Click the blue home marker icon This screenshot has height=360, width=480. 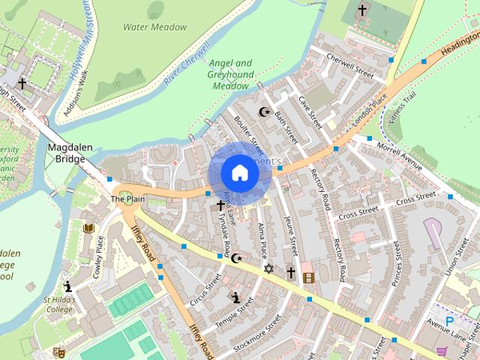(x=239, y=173)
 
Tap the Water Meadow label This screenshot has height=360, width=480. (x=154, y=27)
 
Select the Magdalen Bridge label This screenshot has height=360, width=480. (x=69, y=154)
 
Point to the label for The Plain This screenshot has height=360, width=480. (x=127, y=199)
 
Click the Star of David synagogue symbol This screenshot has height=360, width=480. (x=268, y=268)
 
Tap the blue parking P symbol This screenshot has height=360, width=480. (x=450, y=321)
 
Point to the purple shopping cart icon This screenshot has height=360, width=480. (x=442, y=350)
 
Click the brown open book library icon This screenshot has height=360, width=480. (x=88, y=228)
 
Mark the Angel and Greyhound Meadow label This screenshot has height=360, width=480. (x=229, y=75)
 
